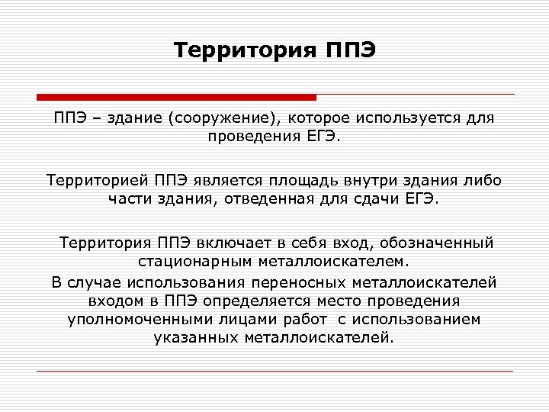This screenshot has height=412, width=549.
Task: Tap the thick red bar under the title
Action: (176, 97)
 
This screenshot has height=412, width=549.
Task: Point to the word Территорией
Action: (98, 181)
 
